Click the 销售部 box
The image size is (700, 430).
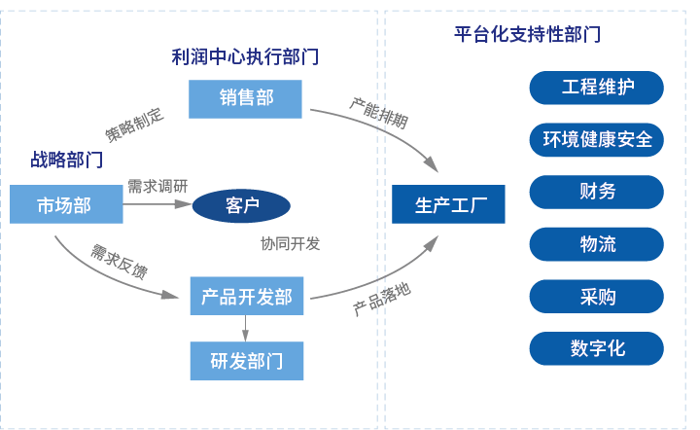(245, 98)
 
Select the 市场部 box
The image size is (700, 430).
(66, 204)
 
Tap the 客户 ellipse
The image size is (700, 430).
(241, 205)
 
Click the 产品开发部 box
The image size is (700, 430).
(246, 295)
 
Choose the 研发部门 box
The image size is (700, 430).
(246, 361)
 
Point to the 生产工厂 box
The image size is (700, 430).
(448, 204)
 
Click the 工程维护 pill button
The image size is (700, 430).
(596, 88)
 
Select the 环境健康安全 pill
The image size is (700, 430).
(596, 139)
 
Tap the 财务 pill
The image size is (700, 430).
(596, 192)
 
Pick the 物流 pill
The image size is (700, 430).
(596, 243)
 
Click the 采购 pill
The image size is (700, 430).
(596, 296)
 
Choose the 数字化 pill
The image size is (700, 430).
(596, 348)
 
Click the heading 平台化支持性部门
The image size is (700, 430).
(527, 34)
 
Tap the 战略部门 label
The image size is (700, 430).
(66, 160)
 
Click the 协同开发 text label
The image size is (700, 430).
(290, 243)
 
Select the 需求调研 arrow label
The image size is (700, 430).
(157, 186)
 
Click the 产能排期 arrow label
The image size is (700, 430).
(378, 114)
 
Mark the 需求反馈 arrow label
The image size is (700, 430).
(119, 262)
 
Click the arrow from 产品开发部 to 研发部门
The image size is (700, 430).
(246, 328)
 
